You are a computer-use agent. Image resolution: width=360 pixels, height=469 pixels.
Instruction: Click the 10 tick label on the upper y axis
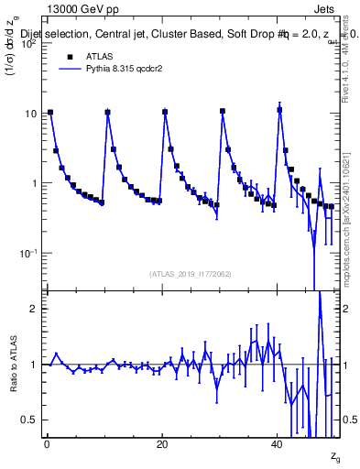coord(30,114)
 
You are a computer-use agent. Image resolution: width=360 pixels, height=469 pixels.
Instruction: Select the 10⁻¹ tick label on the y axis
coord(27,253)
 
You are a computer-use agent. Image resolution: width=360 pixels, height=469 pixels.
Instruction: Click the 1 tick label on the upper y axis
coord(34,183)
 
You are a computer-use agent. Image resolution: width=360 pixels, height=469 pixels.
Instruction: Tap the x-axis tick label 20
coord(162,444)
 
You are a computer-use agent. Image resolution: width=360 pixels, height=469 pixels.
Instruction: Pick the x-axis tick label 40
coord(278,444)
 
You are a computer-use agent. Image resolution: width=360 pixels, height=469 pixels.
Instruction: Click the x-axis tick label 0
coord(47,444)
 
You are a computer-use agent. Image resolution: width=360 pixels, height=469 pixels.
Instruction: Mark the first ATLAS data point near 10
coord(50,113)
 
